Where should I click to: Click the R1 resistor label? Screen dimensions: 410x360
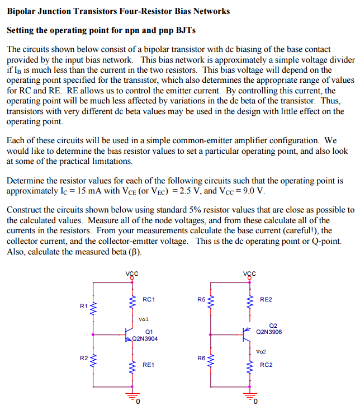pyautogui.click(x=84, y=306)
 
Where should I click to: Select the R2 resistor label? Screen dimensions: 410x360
pyautogui.click(x=84, y=357)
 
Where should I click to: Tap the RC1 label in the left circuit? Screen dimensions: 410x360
pyautogui.click(x=149, y=299)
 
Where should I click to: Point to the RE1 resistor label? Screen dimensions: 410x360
pyautogui.click(x=149, y=364)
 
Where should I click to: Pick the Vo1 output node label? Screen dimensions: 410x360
pyautogui.click(x=144, y=319)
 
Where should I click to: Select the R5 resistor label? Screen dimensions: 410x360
pyautogui.click(x=201, y=299)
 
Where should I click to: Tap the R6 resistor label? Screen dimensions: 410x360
pyautogui.click(x=201, y=357)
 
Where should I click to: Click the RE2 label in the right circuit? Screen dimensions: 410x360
pyautogui.click(x=266, y=299)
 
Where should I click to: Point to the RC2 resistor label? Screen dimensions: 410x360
pyautogui.click(x=266, y=365)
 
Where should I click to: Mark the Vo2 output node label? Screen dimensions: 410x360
pyautogui.click(x=261, y=351)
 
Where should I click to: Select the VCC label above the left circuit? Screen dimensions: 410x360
pyautogui.click(x=132, y=274)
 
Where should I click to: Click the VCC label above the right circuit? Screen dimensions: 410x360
pyautogui.click(x=250, y=274)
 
